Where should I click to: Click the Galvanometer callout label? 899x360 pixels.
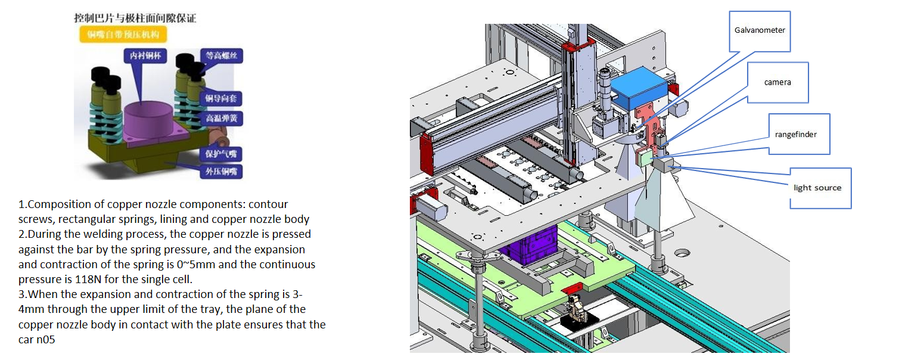click(x=760, y=30)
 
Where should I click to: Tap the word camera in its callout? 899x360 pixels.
click(x=777, y=82)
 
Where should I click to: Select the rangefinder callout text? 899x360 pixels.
click(x=796, y=134)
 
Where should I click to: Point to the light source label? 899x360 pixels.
click(x=817, y=188)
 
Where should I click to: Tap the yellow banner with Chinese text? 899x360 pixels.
click(x=123, y=35)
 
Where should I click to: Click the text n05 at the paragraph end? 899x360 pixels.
click(x=49, y=340)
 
